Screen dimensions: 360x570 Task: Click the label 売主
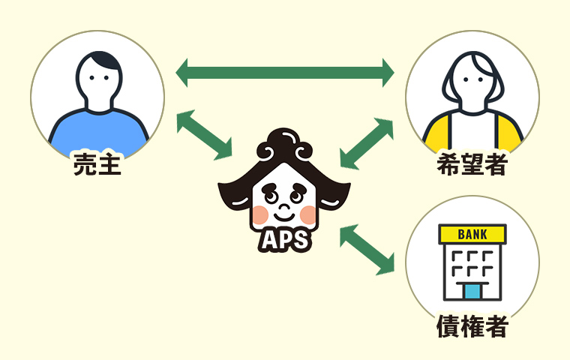point(97,164)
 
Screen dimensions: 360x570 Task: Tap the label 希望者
point(471,165)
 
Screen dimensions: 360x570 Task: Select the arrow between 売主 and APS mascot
point(204,134)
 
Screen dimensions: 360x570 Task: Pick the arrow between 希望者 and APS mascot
point(367,142)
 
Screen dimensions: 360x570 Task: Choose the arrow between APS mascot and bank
point(367,248)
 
